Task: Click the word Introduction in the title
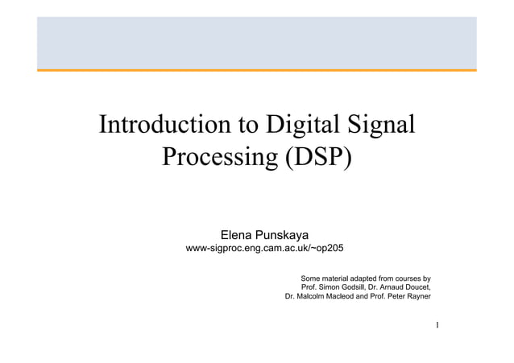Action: coord(161,126)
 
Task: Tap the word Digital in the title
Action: coord(305,126)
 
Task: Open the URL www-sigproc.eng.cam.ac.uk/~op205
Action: coord(264,250)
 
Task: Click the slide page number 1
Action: coord(436,325)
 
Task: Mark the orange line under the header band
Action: coord(256,70)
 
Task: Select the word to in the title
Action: coord(244,126)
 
